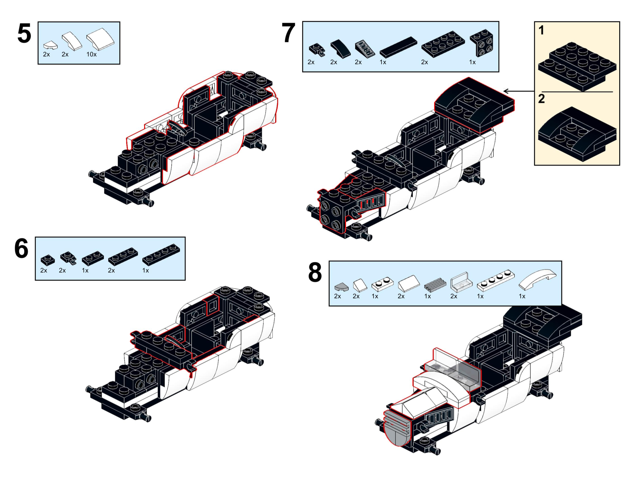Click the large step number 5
tap(24, 34)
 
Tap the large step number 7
tap(288, 34)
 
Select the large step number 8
tap(315, 273)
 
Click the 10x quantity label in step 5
tap(91, 54)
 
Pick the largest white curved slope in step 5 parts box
tap(100, 39)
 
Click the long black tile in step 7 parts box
tap(398, 47)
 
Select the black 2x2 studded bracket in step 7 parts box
tap(481, 43)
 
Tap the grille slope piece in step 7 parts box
tap(365, 49)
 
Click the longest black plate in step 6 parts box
tap(161, 255)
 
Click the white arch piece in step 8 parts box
tap(537, 279)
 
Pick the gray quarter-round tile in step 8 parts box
tap(341, 286)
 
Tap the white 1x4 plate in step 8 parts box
tap(495, 280)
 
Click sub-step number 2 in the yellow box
tap(541, 99)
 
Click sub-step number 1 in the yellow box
tap(541, 30)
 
